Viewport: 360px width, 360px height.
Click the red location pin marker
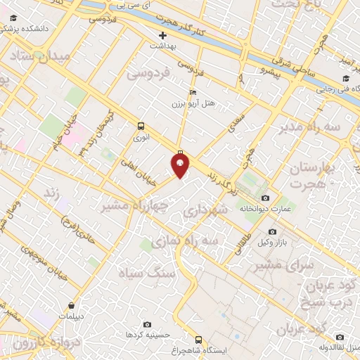181,165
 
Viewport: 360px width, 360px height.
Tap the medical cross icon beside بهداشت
163,34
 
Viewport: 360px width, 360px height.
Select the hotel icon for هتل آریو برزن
193,92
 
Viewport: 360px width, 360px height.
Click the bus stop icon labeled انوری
141,127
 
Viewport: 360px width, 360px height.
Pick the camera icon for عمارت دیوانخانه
266,198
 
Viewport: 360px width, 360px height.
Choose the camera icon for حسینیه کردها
146,324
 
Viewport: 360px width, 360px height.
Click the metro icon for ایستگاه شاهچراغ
198,338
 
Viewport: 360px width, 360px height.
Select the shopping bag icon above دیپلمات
73,306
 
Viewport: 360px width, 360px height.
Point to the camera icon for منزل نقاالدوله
340,336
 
